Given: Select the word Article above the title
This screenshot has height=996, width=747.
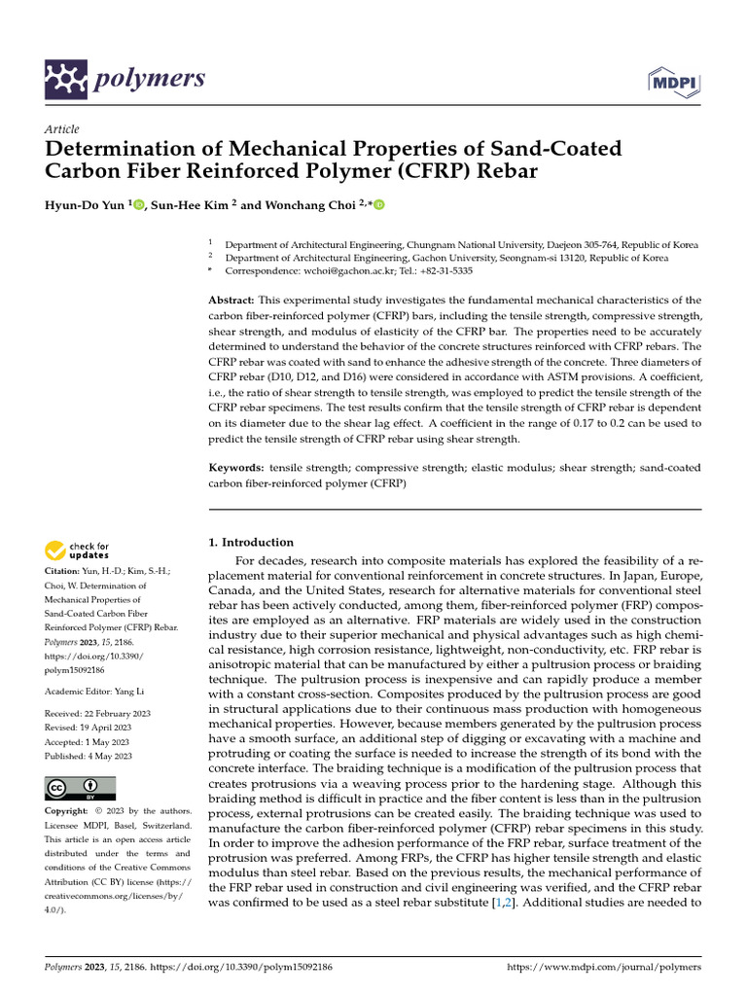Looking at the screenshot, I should [62, 129].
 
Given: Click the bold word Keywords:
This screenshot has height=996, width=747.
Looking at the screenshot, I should [236, 468].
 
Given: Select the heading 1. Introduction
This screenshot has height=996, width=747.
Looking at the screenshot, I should [252, 542].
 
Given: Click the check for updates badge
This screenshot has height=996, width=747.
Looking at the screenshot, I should [78, 551].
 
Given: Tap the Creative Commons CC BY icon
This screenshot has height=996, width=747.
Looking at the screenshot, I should [80, 788].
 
